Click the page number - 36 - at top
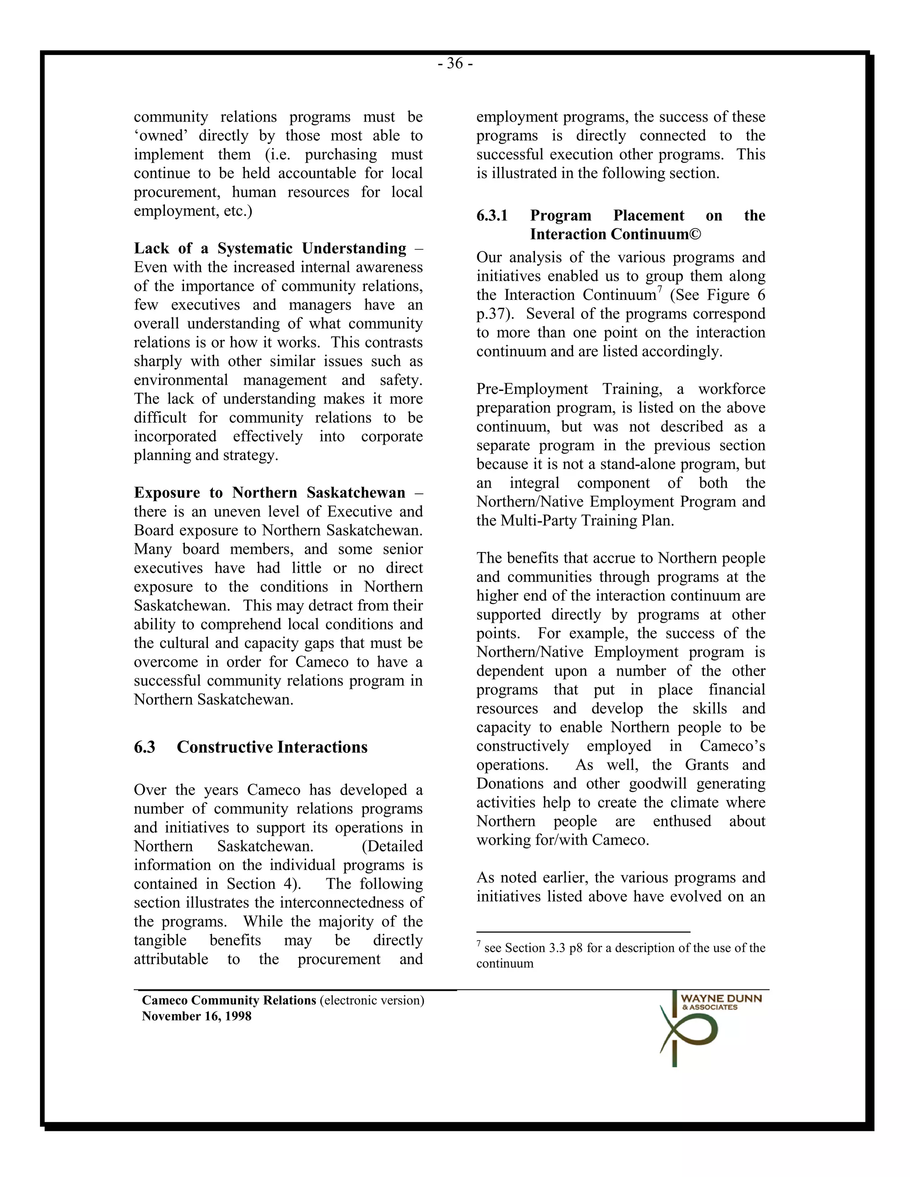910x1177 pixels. coord(455,64)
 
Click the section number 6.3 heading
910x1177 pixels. coord(144,747)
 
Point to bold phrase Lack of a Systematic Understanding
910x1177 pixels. coord(270,248)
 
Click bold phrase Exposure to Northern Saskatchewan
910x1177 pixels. coord(270,493)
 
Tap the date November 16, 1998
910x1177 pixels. coord(196,1016)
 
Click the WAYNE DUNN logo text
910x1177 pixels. coord(721,998)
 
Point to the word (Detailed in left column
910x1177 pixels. coord(392,846)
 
